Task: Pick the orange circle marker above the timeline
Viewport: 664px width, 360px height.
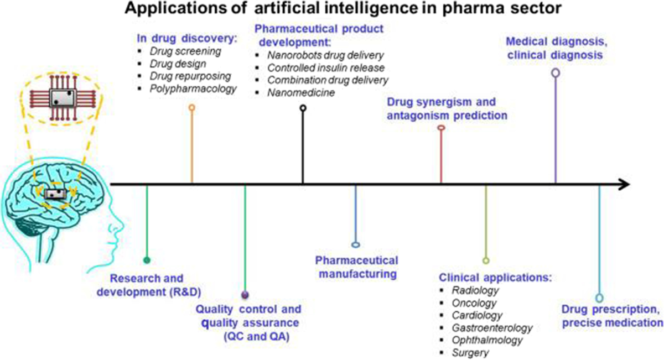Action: coord(192,107)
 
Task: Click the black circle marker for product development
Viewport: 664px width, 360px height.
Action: coord(303,108)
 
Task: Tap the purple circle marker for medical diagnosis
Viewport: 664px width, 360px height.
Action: coord(556,72)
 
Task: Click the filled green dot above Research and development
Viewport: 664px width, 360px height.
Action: coord(147,259)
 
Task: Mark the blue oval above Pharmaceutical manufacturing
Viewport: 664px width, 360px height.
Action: coord(356,244)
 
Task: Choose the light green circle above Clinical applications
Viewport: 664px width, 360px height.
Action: coord(486,260)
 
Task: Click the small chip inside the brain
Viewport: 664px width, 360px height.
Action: coord(55,194)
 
